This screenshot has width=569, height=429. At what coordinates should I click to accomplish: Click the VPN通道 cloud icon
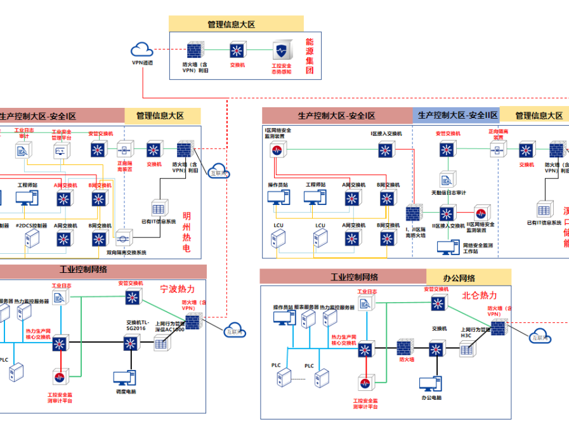(x=142, y=49)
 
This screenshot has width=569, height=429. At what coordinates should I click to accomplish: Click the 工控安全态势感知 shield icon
(x=281, y=50)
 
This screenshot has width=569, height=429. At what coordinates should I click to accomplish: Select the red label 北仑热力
(x=479, y=295)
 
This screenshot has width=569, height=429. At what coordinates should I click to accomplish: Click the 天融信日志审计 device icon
(x=448, y=179)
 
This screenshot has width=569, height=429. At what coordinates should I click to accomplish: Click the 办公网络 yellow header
(x=468, y=277)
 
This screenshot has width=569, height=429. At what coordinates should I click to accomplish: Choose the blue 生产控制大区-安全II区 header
(x=456, y=115)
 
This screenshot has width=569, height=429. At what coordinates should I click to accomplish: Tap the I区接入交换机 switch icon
(x=386, y=150)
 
